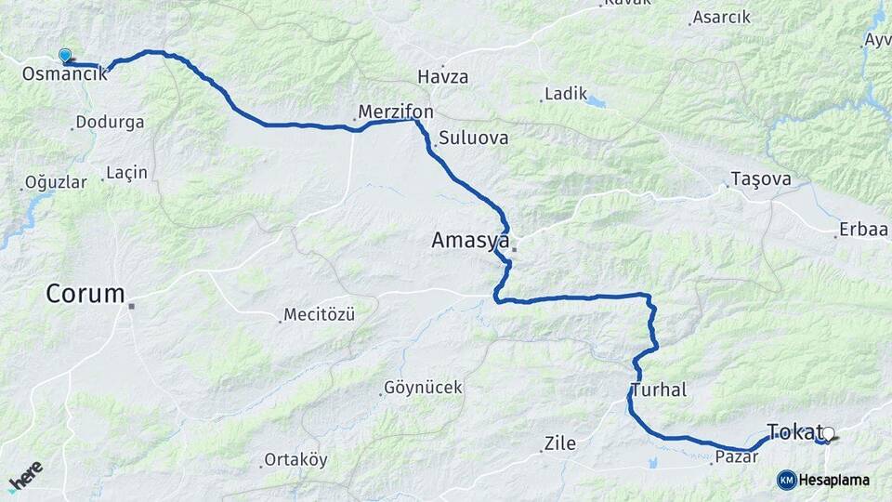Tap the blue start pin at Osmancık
64,56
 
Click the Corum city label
85,295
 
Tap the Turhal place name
658,390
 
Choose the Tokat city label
795,431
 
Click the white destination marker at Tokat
829,433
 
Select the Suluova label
475,138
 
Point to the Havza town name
443,76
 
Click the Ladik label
567,93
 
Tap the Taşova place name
761,178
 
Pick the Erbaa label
863,230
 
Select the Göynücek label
423,387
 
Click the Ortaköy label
295,459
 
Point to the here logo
25,475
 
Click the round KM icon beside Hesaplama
786,480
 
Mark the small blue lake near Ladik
596,100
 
